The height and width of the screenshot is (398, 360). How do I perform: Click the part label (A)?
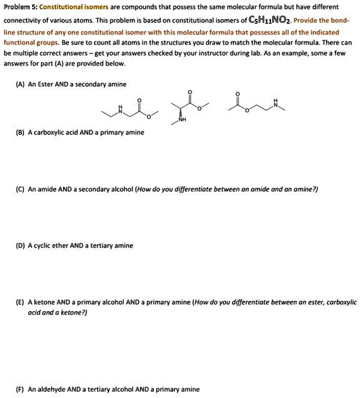pos(21,83)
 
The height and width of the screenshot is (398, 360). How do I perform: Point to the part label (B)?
pos(21,132)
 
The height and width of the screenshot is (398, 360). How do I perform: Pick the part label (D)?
pos(21,245)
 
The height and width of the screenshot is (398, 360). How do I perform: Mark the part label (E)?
pos(21,302)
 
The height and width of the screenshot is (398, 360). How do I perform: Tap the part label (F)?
pos(21,389)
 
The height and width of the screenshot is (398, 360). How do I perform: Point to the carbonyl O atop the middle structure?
pos(189,92)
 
